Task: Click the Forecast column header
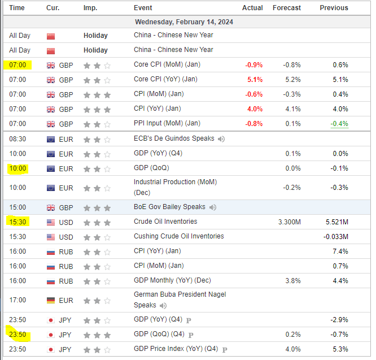(287, 8)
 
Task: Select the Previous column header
(334, 8)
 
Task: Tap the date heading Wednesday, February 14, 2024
(184, 22)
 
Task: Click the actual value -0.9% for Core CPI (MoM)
(253, 65)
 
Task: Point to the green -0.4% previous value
(339, 124)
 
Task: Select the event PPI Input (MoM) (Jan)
(167, 123)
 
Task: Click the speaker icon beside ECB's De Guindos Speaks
(221, 139)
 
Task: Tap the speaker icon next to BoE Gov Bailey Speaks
(212, 207)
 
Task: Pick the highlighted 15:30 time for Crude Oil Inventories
(18, 222)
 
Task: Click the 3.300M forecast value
(290, 222)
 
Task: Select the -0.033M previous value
(336, 237)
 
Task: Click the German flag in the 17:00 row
(51, 301)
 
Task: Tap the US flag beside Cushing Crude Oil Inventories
(51, 237)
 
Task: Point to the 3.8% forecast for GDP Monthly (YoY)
(293, 281)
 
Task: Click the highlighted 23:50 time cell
(18, 335)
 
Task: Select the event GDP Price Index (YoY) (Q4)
(176, 349)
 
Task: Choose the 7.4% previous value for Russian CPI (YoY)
(340, 251)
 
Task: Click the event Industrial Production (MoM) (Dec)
(175, 187)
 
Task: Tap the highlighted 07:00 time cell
(18, 65)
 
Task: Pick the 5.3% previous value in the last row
(340, 349)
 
